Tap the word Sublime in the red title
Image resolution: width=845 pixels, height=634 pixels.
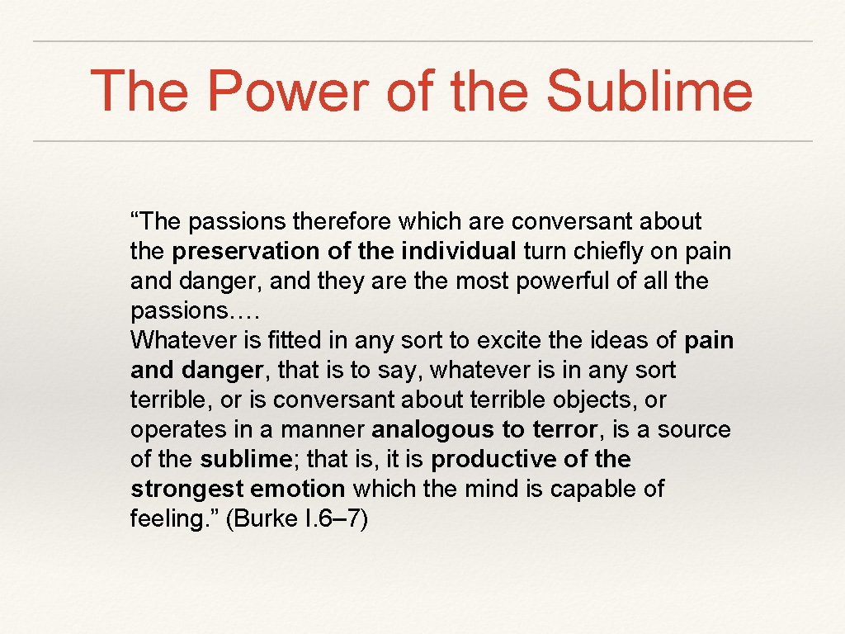pyautogui.click(x=649, y=92)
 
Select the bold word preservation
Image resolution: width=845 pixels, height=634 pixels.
pyautogui.click(x=248, y=251)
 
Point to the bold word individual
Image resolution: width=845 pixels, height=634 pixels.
pyautogui.click(x=459, y=251)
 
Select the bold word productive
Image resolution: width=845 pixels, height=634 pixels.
pyautogui.click(x=490, y=459)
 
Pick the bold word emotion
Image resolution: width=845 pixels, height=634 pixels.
pyautogui.click(x=295, y=489)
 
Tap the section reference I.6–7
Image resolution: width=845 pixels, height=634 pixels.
pyautogui.click(x=338, y=518)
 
